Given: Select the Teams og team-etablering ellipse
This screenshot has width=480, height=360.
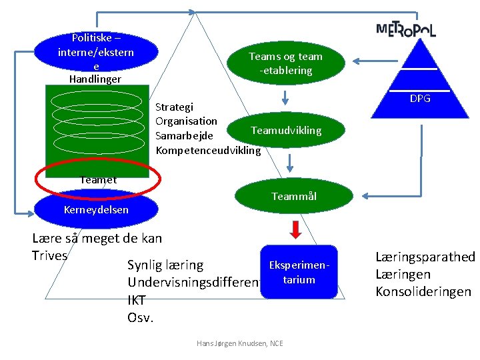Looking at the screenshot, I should [x=286, y=64].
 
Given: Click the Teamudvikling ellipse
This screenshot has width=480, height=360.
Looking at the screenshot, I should [x=286, y=130].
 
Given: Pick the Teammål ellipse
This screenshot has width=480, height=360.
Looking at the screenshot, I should [x=294, y=196].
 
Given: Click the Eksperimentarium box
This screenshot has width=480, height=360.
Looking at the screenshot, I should [x=299, y=273].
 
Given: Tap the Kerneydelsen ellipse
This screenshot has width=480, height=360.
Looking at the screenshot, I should [x=96, y=209].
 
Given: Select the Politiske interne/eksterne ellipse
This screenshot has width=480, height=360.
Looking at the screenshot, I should [x=96, y=51].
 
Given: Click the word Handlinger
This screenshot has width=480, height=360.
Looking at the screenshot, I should [x=95, y=79].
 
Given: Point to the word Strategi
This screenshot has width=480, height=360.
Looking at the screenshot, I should [x=174, y=107].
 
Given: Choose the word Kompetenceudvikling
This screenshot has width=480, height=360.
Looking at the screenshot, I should [x=208, y=150].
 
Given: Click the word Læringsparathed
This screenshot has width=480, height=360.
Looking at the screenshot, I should [x=425, y=257].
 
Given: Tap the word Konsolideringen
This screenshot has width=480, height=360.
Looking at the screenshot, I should [x=423, y=292].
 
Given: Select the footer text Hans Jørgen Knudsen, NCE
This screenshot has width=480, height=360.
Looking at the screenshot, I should [x=239, y=343].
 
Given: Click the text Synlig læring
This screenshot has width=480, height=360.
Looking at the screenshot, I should [x=165, y=265].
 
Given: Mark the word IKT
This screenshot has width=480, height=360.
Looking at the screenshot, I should [x=136, y=300].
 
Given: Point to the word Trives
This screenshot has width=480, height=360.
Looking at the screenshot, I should [x=49, y=255].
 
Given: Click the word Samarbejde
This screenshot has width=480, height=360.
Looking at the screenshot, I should [x=184, y=135].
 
